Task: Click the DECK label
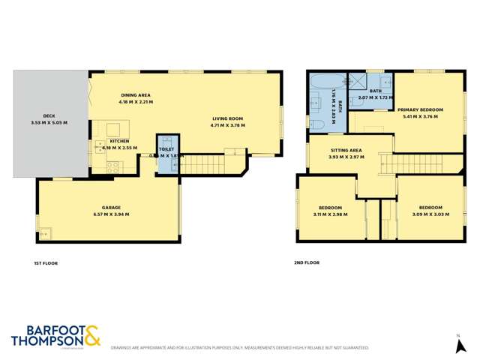49,115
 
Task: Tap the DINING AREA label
136,94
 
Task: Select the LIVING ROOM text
227,118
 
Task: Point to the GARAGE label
111,207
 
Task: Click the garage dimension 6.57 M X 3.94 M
111,214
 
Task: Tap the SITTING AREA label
346,150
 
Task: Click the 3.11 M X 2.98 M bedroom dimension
331,214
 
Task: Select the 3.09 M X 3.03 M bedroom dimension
430,214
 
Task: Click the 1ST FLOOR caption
46,263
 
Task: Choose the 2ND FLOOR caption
307,263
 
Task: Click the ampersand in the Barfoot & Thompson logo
92,334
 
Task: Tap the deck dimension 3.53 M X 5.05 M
49,123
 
